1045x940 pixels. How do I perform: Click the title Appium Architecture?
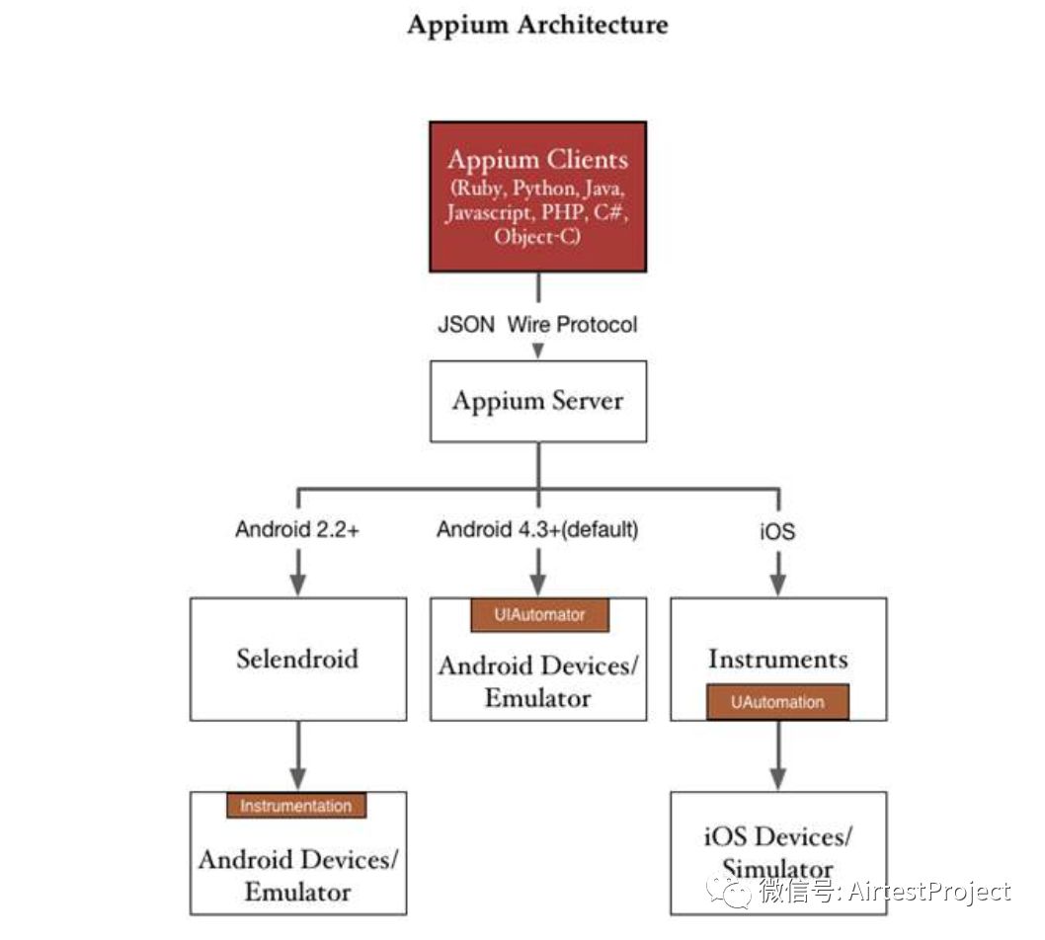(x=537, y=26)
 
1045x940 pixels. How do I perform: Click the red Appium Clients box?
(x=538, y=196)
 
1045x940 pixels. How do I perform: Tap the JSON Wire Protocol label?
(x=537, y=325)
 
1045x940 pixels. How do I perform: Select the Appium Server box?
(x=538, y=401)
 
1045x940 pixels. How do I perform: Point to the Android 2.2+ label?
(x=297, y=529)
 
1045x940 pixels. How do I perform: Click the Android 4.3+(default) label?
(x=537, y=529)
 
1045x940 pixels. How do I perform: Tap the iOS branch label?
(x=777, y=531)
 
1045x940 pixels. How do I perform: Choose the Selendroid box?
(x=298, y=659)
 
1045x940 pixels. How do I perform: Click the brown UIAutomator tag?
(x=540, y=615)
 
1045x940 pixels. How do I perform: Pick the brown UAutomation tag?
(x=777, y=702)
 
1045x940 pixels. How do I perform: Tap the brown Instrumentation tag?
(x=296, y=806)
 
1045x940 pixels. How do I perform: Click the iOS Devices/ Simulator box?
(x=778, y=853)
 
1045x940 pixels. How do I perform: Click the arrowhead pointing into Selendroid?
(x=298, y=585)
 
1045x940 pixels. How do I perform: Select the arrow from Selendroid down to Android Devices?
(x=298, y=755)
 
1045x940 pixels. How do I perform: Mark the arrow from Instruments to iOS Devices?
(x=778, y=755)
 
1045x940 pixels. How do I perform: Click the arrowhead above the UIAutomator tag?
(x=538, y=585)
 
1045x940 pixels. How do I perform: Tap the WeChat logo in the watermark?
(x=729, y=892)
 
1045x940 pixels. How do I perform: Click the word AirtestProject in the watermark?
(x=929, y=892)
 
